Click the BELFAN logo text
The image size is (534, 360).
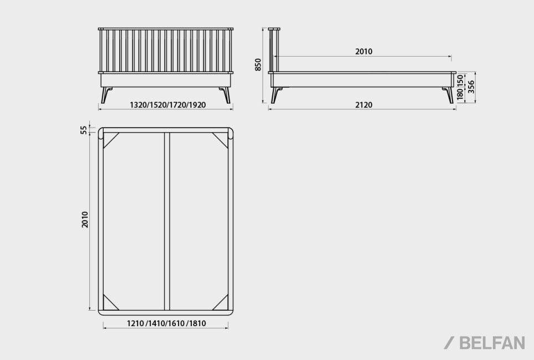492,343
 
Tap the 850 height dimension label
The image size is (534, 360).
258,65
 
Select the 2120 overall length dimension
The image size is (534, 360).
364,104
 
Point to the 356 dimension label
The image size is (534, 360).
471,87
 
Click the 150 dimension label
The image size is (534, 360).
460,81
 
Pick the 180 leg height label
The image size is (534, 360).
460,94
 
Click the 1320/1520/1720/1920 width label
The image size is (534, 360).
168,104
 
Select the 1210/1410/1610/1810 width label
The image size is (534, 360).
166,323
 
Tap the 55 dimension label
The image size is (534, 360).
84,130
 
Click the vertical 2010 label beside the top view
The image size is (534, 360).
85,220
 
